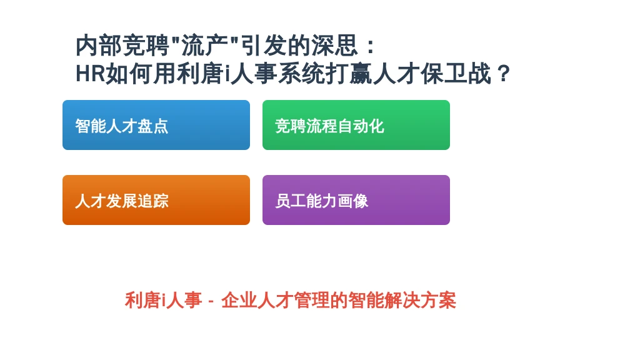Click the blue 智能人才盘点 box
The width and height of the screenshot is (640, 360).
pyautogui.click(x=156, y=125)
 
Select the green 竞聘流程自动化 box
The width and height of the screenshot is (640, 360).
pyautogui.click(x=356, y=125)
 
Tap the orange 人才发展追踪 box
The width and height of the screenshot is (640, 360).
pyautogui.click(x=156, y=200)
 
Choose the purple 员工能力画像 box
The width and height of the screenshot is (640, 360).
pyautogui.click(x=356, y=200)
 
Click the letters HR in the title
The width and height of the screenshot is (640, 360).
pyautogui.click(x=91, y=74)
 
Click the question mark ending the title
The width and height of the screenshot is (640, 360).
pyautogui.click(x=504, y=74)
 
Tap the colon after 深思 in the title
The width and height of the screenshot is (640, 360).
pyautogui.click(x=371, y=46)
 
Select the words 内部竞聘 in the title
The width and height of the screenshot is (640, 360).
pyautogui.click(x=122, y=45)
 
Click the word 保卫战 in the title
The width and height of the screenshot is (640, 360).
pyautogui.click(x=456, y=74)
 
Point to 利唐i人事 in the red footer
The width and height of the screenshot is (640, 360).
pyautogui.click(x=163, y=301)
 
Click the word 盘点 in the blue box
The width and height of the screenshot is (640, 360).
pyautogui.click(x=152, y=126)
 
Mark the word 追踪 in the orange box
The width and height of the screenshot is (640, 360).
pyautogui.click(x=152, y=201)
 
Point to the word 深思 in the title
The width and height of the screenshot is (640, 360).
pyautogui.click(x=335, y=45)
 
